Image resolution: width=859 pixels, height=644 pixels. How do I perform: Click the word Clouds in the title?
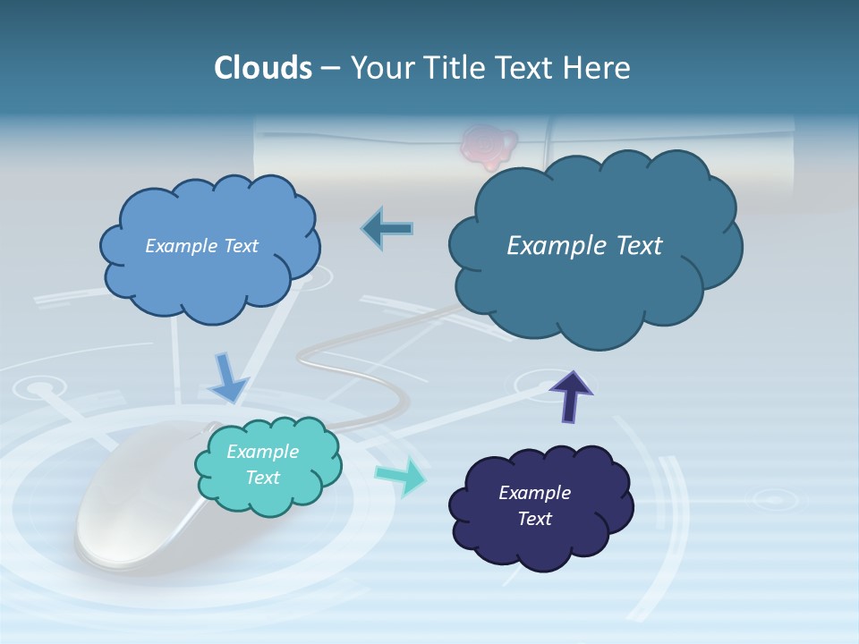click(x=262, y=68)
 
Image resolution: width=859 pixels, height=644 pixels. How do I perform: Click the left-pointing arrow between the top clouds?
click(x=387, y=229)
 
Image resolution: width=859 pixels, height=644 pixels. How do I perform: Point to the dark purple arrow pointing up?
click(x=571, y=395)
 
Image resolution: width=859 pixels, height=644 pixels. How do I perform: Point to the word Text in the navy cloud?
click(x=534, y=519)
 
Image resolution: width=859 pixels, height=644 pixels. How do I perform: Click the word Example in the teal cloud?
click(x=262, y=452)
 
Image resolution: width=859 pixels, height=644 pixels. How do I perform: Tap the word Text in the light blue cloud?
click(x=241, y=246)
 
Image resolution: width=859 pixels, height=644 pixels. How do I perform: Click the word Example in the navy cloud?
click(x=534, y=493)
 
